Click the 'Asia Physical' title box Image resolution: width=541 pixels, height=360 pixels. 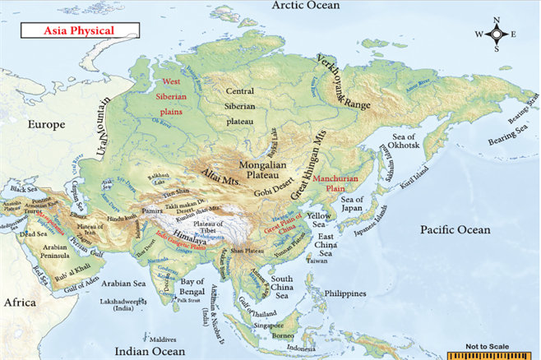pyautogui.click(x=80, y=30)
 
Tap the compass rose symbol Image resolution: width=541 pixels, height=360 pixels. pyautogui.click(x=497, y=35)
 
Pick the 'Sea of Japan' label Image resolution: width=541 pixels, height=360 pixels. pyautogui.click(x=353, y=205)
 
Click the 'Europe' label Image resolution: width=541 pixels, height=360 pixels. pyautogui.click(x=46, y=125)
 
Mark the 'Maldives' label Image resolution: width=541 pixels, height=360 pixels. pyautogui.click(x=163, y=339)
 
